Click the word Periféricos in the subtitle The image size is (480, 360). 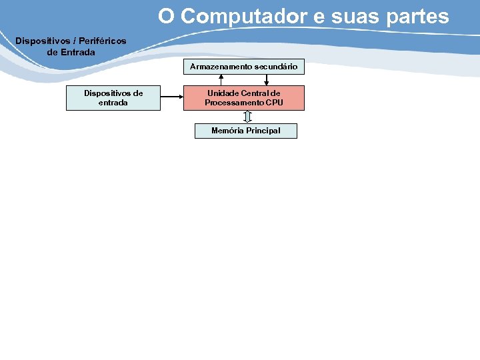101,41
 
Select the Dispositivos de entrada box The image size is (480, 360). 113,98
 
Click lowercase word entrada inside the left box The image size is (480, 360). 113,103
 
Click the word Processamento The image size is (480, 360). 234,103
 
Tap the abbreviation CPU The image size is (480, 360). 274,103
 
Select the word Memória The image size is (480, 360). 227,131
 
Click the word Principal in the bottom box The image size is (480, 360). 263,131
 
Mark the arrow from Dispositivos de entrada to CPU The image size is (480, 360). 172,98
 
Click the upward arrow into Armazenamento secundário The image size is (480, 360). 221,80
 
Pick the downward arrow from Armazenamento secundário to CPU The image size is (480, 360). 266,80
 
